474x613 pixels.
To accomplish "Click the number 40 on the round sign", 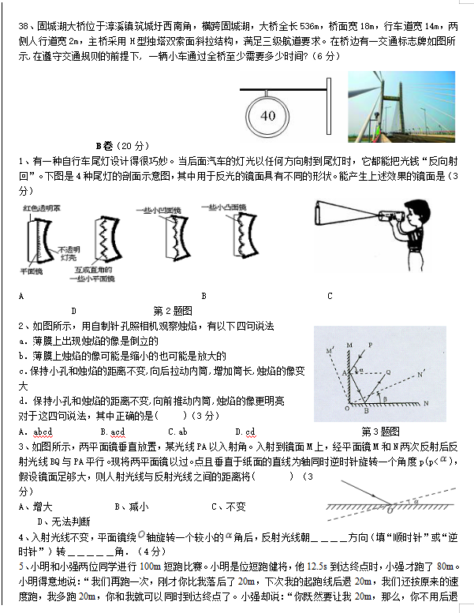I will click(x=267, y=116).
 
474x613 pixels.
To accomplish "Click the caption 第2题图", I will click(x=172, y=310).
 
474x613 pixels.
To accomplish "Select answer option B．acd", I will click(x=113, y=431).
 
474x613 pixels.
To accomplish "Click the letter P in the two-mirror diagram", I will click(x=369, y=345).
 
